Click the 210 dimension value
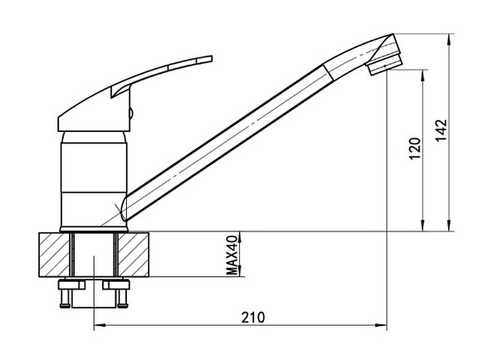[253, 318]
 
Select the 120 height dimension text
[415, 148]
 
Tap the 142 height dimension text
[441, 130]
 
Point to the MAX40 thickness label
[232, 255]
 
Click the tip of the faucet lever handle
[211, 59]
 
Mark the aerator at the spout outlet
[383, 65]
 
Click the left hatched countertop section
[54, 255]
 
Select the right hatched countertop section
[134, 255]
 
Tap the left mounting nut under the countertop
[71, 285]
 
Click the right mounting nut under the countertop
[116, 285]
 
